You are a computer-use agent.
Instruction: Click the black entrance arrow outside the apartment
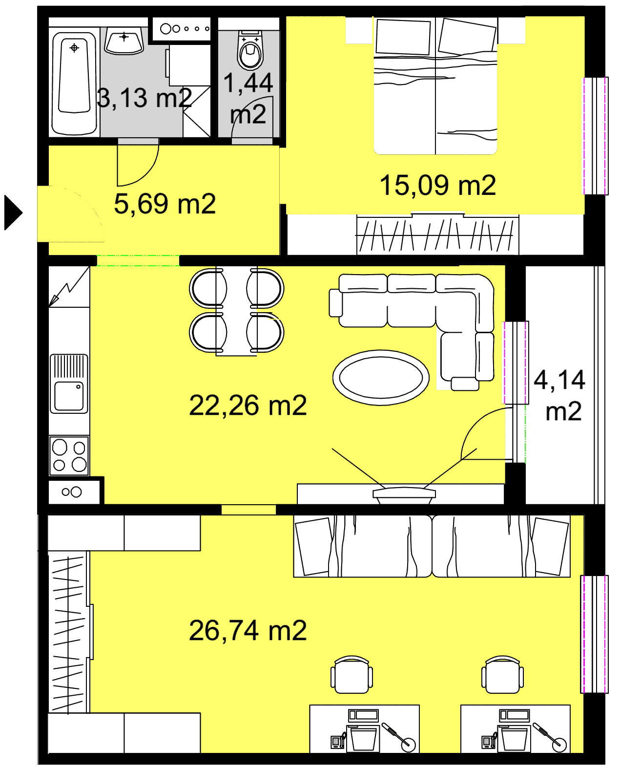pyautogui.click(x=13, y=213)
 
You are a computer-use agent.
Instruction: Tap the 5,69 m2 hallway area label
pyautogui.click(x=165, y=204)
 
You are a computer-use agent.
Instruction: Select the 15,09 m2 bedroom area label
pyautogui.click(x=437, y=185)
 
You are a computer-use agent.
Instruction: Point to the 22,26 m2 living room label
pyautogui.click(x=248, y=406)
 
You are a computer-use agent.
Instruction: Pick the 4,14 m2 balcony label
pyautogui.click(x=559, y=396)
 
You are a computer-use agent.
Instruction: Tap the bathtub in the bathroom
pyautogui.click(x=74, y=84)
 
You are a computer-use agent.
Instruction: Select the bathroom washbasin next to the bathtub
pyautogui.click(x=124, y=43)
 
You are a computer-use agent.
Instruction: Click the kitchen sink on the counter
pyautogui.click(x=69, y=384)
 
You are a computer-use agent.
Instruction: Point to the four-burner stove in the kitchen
pyautogui.click(x=69, y=456)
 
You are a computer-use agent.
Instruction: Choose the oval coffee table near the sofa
pyautogui.click(x=381, y=378)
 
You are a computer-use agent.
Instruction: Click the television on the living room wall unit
pyautogui.click(x=404, y=494)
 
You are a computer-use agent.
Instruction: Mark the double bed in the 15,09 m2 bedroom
pyautogui.click(x=435, y=86)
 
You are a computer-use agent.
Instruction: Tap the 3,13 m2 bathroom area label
pyautogui.click(x=145, y=98)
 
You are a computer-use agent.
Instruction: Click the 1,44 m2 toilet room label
pyautogui.click(x=248, y=99)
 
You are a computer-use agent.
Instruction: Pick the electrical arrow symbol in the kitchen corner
pyautogui.click(x=69, y=287)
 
